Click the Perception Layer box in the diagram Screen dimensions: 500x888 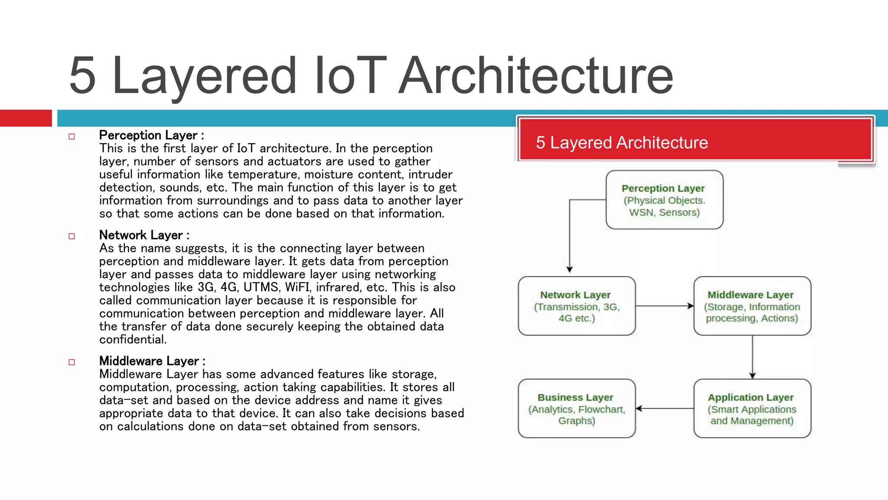click(664, 200)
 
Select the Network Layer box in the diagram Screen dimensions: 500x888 click(577, 306)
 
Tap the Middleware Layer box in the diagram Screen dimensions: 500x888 click(752, 306)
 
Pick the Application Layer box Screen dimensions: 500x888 click(752, 408)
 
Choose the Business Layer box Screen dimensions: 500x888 click(577, 408)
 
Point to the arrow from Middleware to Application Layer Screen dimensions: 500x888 click(752, 356)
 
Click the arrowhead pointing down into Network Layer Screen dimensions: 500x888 click(570, 269)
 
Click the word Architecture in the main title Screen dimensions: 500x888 click(536, 76)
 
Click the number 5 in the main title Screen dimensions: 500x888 click(82, 76)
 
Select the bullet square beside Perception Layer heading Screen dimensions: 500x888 click(72, 136)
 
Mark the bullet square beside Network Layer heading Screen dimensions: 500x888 click(72, 236)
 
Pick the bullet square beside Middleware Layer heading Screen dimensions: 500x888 click(72, 362)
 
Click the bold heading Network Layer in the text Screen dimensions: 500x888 click(141, 235)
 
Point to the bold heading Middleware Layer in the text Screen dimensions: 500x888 click(149, 361)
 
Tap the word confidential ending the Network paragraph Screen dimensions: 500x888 click(132, 339)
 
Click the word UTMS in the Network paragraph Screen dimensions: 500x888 click(261, 287)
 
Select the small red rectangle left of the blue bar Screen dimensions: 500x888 click(26, 118)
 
